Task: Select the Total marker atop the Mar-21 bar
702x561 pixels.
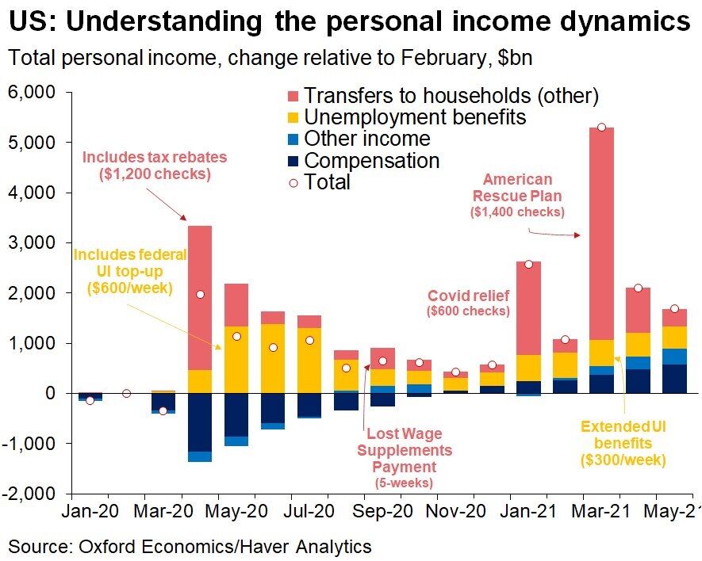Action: tap(601, 128)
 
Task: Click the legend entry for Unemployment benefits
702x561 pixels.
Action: tap(415, 117)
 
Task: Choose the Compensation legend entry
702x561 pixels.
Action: tap(371, 161)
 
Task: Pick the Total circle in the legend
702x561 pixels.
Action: tap(293, 182)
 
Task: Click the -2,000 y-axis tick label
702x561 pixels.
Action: tap(29, 493)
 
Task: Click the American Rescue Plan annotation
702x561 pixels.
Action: tap(516, 195)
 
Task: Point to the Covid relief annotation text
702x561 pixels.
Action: tap(468, 303)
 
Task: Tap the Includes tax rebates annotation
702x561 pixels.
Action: tap(154, 165)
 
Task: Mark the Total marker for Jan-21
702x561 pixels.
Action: tap(527, 263)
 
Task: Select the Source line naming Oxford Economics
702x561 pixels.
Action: tap(190, 546)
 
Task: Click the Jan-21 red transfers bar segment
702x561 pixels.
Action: tap(527, 308)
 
